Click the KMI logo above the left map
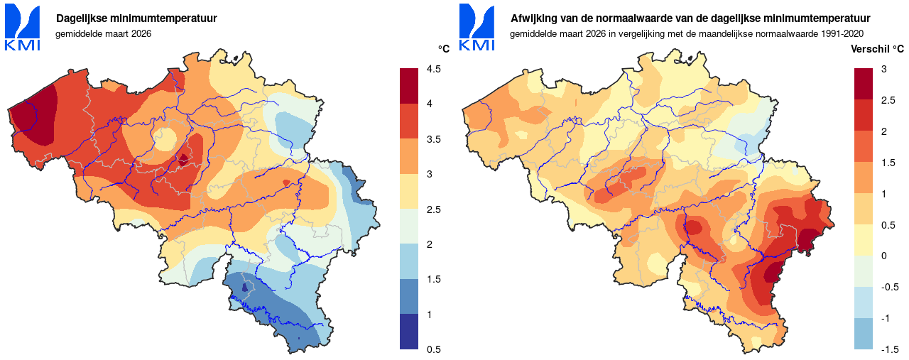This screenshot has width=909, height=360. click(x=23, y=28)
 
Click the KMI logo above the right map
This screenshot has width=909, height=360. click(x=477, y=28)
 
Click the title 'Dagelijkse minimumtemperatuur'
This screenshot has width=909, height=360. click(x=136, y=18)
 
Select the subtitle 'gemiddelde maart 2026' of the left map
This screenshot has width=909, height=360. click(x=103, y=33)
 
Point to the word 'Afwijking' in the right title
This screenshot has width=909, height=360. click(x=534, y=18)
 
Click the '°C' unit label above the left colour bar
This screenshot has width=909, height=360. click(x=444, y=49)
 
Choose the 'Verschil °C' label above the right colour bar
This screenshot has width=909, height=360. click(x=877, y=49)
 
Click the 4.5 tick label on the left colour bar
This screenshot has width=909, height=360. click(x=433, y=69)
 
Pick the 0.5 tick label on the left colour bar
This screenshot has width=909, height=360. click(x=433, y=349)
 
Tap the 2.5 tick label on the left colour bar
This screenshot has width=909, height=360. click(x=433, y=209)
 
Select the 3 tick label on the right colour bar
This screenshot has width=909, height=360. click(x=883, y=69)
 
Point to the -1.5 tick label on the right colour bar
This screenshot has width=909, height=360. click(x=890, y=349)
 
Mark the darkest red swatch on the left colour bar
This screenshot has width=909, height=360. click(x=409, y=86)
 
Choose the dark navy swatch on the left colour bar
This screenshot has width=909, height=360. click(x=409, y=332)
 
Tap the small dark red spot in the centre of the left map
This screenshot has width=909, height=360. click(x=183, y=159)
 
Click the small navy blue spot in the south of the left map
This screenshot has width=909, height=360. click(x=244, y=288)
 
